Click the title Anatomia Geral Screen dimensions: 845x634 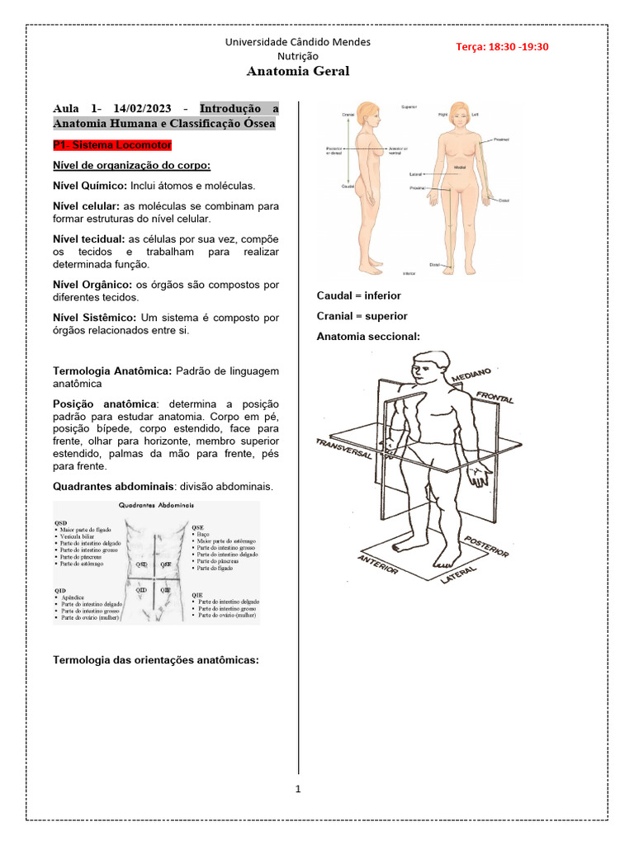pyautogui.click(x=298, y=71)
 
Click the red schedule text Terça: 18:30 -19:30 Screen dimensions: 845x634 pyautogui.click(x=502, y=46)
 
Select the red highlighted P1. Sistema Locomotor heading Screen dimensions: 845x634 pyautogui.click(x=112, y=144)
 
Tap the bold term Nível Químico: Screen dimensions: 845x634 pyautogui.click(x=90, y=186)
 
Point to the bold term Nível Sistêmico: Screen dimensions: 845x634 pyautogui.click(x=95, y=317)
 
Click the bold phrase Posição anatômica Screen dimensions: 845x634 pyautogui.click(x=104, y=404)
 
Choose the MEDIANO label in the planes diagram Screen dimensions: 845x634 pyautogui.click(x=471, y=375)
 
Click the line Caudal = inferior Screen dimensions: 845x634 pyautogui.click(x=358, y=295)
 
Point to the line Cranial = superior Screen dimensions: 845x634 pyautogui.click(x=362, y=316)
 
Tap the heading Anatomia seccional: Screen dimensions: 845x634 pyautogui.click(x=368, y=337)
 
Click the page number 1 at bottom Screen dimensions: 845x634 pyautogui.click(x=298, y=789)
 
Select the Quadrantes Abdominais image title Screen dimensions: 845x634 pyautogui.click(x=156, y=505)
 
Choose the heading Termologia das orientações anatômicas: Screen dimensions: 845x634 pyautogui.click(x=156, y=659)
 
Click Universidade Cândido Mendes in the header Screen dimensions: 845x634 pyautogui.click(x=298, y=41)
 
